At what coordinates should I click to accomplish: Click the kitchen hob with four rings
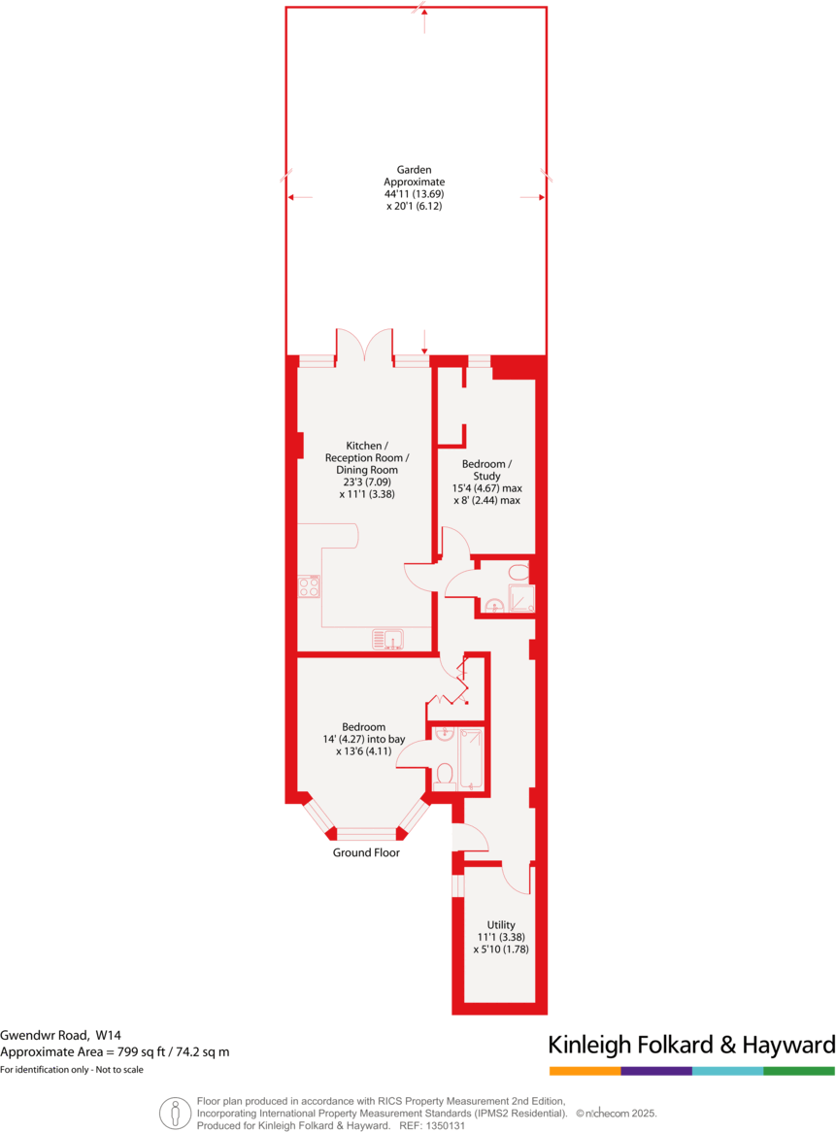point(309,586)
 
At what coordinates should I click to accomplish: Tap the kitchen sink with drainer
point(387,639)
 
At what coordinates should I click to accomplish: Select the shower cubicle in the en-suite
point(521,599)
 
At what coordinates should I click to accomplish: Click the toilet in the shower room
point(518,572)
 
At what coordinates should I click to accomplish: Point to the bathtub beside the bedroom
point(472,757)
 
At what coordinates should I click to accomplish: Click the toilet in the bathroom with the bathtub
point(445,774)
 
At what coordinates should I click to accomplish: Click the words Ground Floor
point(366,852)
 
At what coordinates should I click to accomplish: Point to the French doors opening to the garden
point(365,345)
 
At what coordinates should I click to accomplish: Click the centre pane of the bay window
point(366,833)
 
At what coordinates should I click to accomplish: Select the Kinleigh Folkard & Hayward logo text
point(691,1045)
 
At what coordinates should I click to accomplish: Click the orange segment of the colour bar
point(585,1071)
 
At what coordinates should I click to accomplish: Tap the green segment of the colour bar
point(799,1071)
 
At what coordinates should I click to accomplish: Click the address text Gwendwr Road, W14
point(67,1034)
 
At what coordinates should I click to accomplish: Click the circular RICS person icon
point(175,1113)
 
